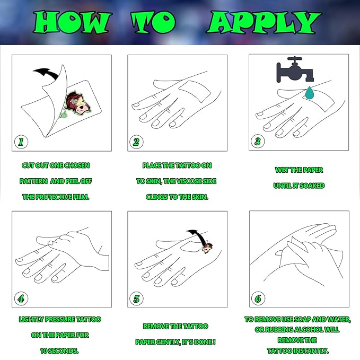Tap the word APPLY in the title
(264, 23)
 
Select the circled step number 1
(21, 142)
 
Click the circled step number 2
(137, 142)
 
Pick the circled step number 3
(258, 142)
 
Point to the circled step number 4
(21, 298)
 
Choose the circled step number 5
(137, 298)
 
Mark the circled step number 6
(258, 298)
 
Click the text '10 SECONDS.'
(59, 351)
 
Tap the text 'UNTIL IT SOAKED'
(299, 186)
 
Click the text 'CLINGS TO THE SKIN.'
(177, 197)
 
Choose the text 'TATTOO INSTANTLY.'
(297, 350)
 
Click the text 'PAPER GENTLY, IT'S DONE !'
(176, 342)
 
